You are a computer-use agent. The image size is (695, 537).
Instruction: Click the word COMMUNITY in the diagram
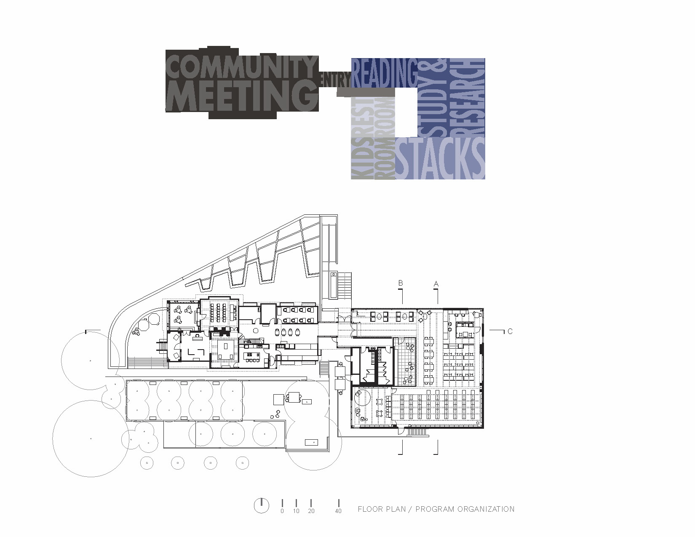pos(241,67)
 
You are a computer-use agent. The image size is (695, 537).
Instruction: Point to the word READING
pos(384,73)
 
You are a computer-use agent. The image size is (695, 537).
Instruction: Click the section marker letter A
pos(436,284)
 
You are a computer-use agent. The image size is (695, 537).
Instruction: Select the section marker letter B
pos(401,283)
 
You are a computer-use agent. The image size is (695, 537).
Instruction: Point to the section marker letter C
pos(510,331)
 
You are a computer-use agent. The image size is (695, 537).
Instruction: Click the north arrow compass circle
pos(262,505)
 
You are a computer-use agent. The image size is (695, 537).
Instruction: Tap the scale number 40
pos(338,511)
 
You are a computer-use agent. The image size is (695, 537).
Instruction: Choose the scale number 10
pos(296,511)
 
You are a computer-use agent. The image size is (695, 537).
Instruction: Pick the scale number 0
pos(282,511)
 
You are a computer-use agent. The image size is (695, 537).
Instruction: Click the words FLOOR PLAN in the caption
pos(382,509)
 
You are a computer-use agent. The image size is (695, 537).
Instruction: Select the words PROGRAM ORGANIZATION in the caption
pos(465,509)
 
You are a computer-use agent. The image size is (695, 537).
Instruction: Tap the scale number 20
pos(311,511)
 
